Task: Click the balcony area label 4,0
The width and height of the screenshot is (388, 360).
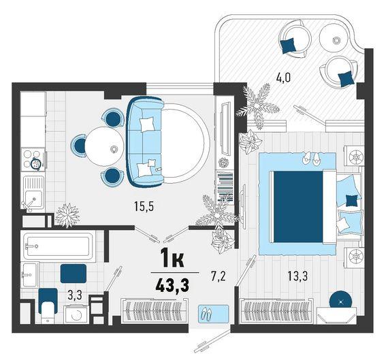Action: tap(283, 78)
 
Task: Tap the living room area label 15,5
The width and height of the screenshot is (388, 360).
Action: tap(144, 206)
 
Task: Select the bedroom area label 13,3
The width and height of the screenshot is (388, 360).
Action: tap(297, 276)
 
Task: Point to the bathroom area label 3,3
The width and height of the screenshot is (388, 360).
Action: tap(74, 295)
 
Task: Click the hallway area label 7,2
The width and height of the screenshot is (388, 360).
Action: tap(219, 276)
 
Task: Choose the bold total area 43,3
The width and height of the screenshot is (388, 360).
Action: tap(172, 285)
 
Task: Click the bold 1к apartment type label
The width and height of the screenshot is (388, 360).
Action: tap(172, 258)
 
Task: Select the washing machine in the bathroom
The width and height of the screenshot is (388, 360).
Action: tap(76, 314)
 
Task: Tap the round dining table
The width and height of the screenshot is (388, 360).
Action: tap(104, 146)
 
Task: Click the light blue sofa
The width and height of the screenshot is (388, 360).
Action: tap(145, 142)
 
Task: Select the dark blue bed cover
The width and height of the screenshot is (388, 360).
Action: tap(298, 207)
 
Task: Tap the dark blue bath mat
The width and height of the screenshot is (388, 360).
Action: tap(74, 274)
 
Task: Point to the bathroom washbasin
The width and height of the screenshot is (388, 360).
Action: tap(30, 275)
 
